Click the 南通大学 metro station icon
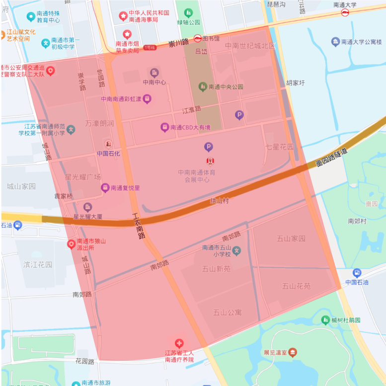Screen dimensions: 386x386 click(x=345, y=12)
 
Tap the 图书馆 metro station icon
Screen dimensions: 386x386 click(x=197, y=38)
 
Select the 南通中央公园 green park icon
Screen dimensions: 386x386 click(x=203, y=86)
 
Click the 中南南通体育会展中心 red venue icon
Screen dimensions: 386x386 click(x=210, y=160)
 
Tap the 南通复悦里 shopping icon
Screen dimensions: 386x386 click(x=105, y=188)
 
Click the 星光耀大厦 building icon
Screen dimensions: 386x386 click(x=88, y=207)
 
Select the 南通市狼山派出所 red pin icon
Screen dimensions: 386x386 click(x=71, y=244)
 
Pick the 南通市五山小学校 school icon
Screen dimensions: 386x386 click(x=236, y=251)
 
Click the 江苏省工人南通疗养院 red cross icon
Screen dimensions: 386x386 click(x=179, y=343)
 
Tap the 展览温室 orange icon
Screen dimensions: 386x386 click(x=293, y=352)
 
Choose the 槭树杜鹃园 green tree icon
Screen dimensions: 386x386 click(x=325, y=320)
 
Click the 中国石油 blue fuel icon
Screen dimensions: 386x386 click(x=357, y=273)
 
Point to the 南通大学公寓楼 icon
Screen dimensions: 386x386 click(x=336, y=42)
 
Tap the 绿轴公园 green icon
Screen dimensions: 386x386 click(x=188, y=13)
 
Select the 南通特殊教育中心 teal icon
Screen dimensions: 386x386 click(x=31, y=16)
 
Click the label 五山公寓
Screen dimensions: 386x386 click(x=227, y=312)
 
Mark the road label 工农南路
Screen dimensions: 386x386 click(x=139, y=226)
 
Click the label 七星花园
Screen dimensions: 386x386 click(x=280, y=147)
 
